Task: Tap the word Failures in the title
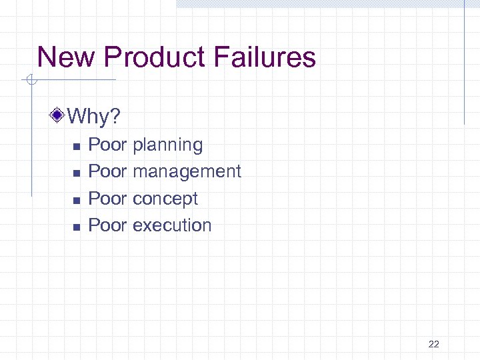[265, 57]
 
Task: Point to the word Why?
[94, 118]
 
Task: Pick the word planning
[168, 145]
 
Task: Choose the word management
[187, 171]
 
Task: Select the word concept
[165, 199]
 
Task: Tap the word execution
[172, 225]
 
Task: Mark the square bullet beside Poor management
[76, 173]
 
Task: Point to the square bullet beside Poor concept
[76, 199]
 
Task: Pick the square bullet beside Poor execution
[76, 227]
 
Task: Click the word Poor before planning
[107, 145]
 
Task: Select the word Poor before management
[107, 171]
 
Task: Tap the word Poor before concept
[107, 199]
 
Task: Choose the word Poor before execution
[107, 225]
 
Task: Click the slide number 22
[433, 344]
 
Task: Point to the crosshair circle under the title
[31, 81]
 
